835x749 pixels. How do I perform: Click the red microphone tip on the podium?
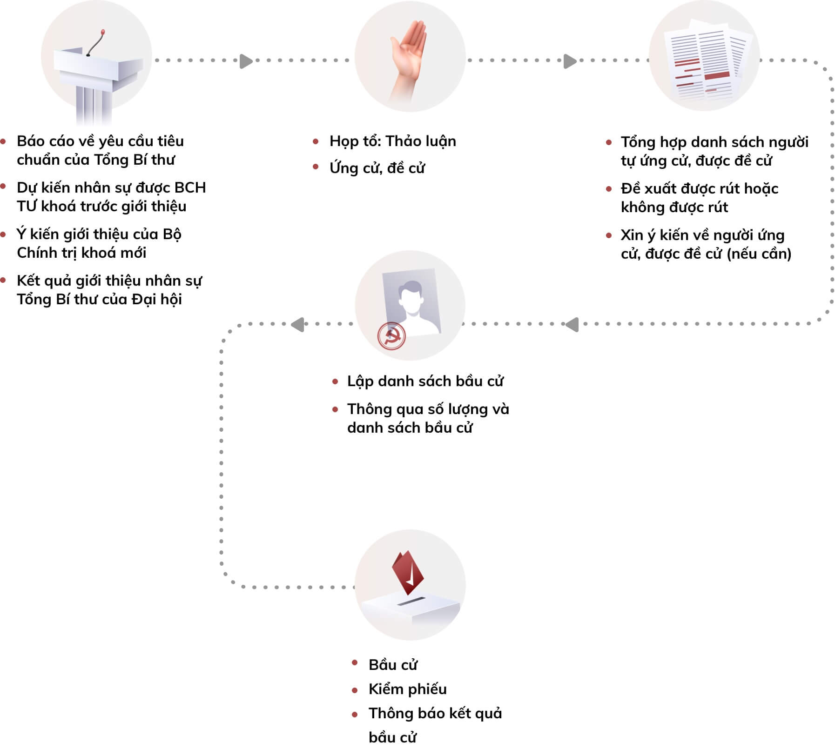coord(103,32)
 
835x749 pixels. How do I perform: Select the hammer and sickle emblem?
coord(391,335)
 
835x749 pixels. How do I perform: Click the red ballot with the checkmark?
coord(408,572)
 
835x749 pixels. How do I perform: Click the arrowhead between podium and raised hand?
coord(246,61)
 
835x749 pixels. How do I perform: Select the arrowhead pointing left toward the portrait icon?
coord(572,324)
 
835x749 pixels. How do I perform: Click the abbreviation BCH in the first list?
coord(190,187)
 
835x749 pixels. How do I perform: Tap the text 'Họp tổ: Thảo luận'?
coord(393,141)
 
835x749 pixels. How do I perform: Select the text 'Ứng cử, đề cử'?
coord(377,168)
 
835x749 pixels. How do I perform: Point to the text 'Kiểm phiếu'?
coord(407,689)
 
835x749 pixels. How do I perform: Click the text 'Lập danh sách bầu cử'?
coord(425,381)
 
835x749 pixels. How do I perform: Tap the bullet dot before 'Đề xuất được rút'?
coord(609,189)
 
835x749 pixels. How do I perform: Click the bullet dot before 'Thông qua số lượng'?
coord(335,409)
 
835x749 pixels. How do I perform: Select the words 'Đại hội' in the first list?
coord(157,299)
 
